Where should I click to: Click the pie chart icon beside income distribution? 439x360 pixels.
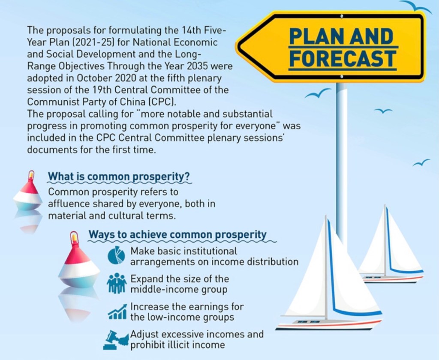[x=116, y=255]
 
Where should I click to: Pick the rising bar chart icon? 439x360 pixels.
[x=117, y=312]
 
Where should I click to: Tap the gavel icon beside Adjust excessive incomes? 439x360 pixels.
[x=116, y=339]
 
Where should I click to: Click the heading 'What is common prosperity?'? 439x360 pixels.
[x=119, y=177]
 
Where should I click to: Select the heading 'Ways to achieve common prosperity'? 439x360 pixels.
[x=177, y=234]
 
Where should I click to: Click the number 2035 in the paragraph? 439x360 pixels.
[x=197, y=66]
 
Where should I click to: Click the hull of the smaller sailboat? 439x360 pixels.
[x=391, y=279]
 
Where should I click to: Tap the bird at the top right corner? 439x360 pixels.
[x=416, y=6]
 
